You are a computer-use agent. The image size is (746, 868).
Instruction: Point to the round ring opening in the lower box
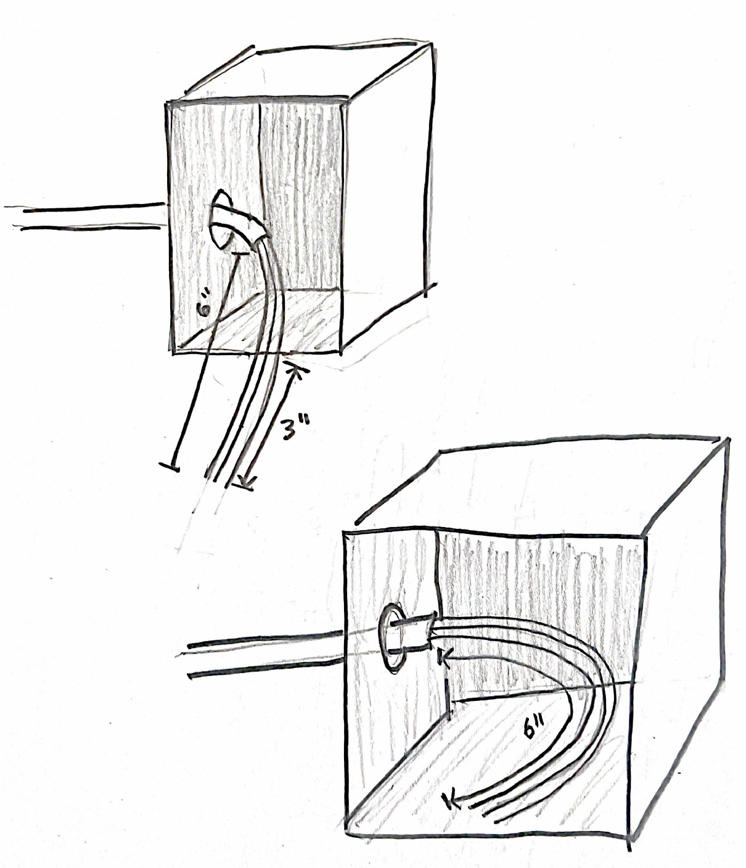391,638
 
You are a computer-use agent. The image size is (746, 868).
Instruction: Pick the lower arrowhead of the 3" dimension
245,485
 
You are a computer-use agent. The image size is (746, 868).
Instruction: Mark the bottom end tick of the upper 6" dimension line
168,465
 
